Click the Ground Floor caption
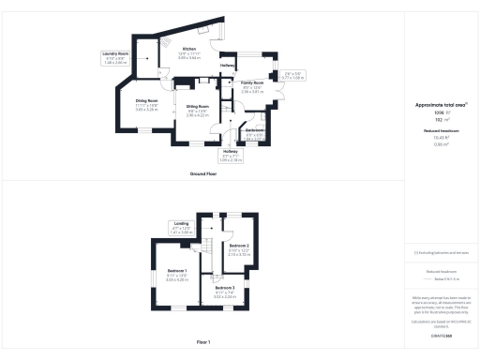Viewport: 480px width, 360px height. [202, 174]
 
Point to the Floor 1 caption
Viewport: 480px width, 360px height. [202, 342]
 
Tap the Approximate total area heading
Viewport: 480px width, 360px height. [441, 106]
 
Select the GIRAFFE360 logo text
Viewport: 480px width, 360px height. [441, 334]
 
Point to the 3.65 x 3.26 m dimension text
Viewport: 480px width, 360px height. [146, 110]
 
